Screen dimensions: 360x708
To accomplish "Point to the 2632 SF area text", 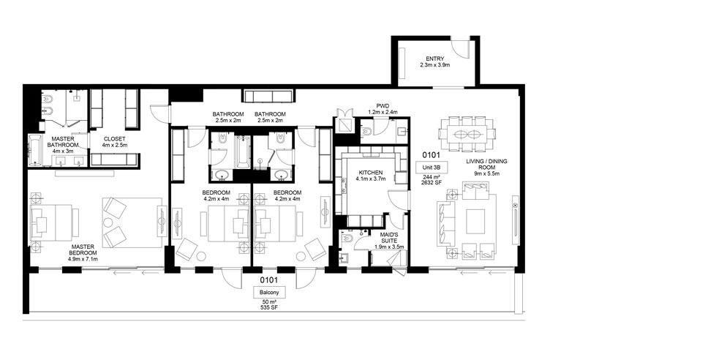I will point(429,184).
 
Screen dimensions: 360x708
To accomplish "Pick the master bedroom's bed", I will point(53,221).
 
